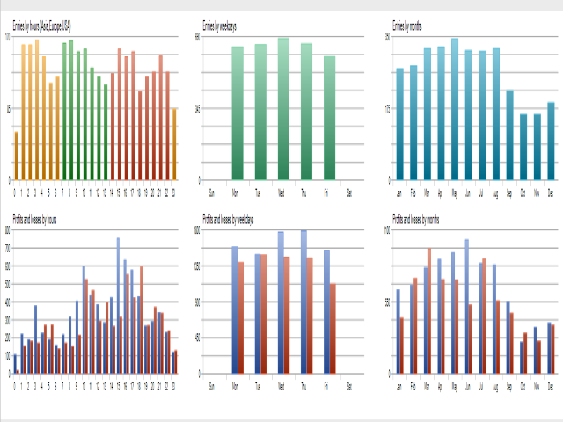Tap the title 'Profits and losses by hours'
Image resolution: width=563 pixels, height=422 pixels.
coord(34,217)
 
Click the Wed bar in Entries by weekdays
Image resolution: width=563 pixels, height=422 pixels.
coord(283,109)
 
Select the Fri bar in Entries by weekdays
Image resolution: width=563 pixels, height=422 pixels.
coord(330,118)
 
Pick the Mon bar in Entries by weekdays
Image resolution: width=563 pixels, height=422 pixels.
coord(237,113)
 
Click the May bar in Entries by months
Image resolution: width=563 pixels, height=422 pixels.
coord(455,109)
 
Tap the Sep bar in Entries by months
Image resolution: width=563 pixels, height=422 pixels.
coord(509,135)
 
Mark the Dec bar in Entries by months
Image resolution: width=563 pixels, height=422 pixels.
coord(551,142)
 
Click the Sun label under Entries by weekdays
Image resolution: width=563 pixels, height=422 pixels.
coord(210,191)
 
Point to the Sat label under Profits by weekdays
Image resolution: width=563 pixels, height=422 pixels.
coord(350,386)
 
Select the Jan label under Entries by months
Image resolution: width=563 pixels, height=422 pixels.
coord(399,191)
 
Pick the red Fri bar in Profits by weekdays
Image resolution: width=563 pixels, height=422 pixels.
coord(333,328)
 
